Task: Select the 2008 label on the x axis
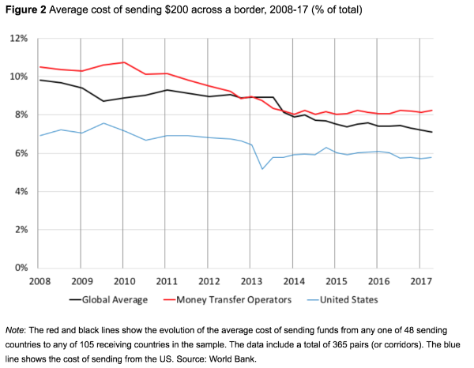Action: (39, 281)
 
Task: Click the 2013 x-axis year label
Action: (250, 281)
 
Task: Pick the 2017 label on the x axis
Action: (420, 281)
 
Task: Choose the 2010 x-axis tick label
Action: (123, 281)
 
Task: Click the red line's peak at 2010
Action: (123, 62)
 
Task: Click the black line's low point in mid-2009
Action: (102, 101)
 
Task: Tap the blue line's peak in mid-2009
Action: (102, 123)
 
